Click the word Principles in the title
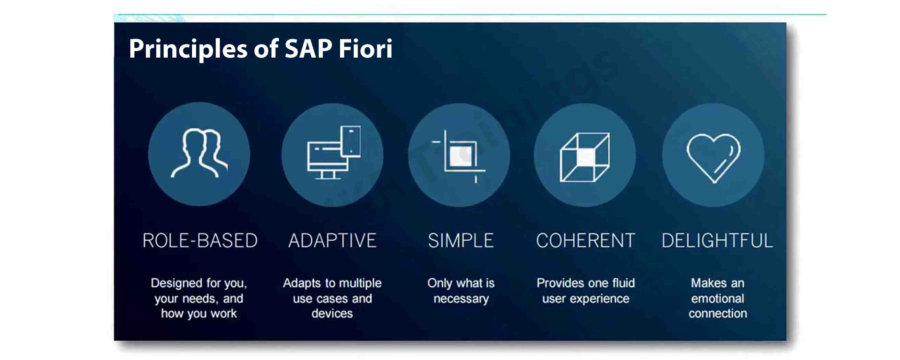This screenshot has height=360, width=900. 188,49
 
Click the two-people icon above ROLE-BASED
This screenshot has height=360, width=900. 199,154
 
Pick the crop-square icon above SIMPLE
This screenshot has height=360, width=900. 459,156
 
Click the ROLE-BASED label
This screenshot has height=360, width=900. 200,241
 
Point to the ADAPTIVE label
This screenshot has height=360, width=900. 332,241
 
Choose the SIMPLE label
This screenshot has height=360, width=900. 461,241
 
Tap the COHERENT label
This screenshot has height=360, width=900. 586,241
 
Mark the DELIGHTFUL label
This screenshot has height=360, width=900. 717,241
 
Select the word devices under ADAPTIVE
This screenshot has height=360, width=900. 332,313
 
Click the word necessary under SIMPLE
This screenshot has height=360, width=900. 461,299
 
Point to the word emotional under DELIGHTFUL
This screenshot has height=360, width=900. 717,299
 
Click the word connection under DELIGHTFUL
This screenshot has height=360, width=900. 718,313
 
